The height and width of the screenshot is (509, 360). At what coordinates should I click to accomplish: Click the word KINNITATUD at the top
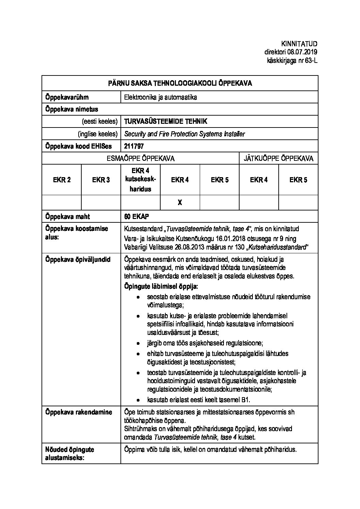point(299,44)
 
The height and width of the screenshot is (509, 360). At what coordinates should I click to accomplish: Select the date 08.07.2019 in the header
point(302,52)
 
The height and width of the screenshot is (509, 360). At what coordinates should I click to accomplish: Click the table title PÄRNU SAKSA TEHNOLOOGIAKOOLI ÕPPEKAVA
point(180,83)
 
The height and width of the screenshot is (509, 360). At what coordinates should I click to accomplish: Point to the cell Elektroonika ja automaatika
point(161,97)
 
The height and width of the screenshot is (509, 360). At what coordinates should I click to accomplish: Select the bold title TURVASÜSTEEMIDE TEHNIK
point(165,121)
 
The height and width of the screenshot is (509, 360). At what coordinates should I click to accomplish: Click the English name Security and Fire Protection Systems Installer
point(184,134)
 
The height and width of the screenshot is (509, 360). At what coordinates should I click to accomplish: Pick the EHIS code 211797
point(134,146)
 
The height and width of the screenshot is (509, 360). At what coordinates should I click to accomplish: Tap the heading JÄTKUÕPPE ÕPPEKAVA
point(278,158)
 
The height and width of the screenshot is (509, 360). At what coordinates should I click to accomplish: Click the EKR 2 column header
point(62,180)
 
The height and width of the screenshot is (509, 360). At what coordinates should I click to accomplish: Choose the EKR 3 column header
point(101,180)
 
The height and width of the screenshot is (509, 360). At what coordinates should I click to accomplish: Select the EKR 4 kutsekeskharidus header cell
point(140,180)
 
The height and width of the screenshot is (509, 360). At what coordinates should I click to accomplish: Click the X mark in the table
point(180,203)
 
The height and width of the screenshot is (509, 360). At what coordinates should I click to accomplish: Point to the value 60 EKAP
point(136,217)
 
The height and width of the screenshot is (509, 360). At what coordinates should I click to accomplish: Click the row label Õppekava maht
point(68,217)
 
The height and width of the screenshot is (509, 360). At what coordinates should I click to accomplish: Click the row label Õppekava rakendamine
point(79,412)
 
